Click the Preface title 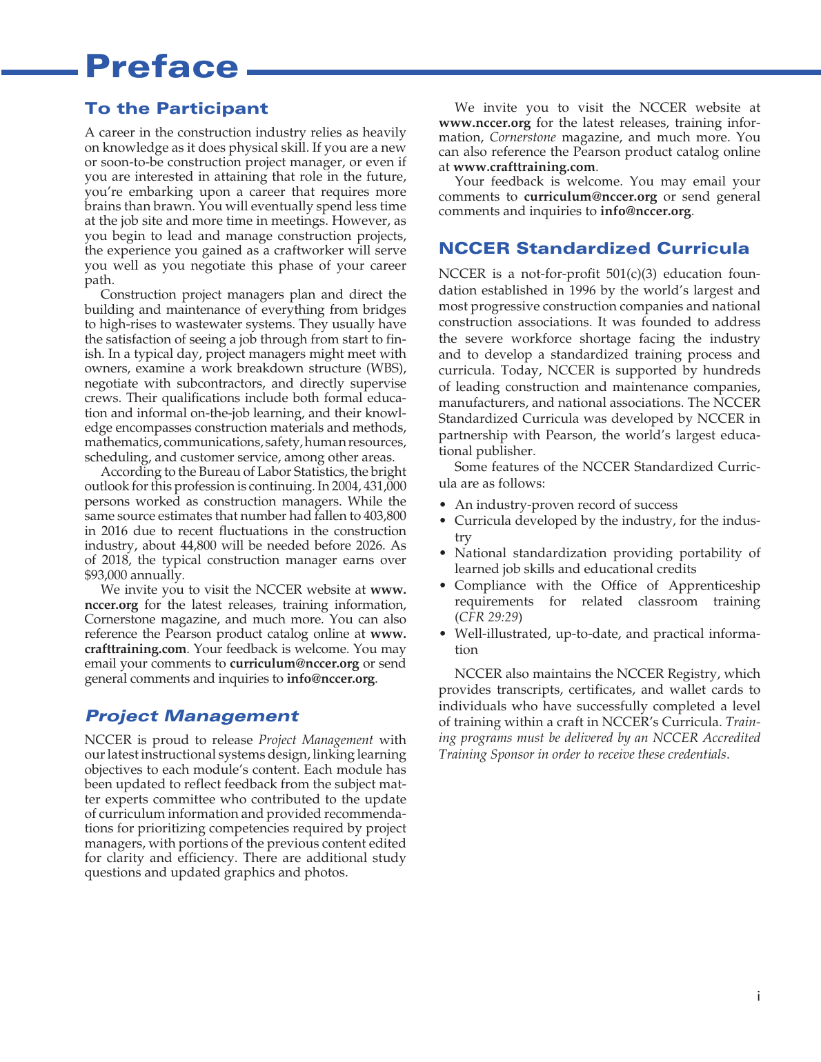(161, 67)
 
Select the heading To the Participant (176, 108)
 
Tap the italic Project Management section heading (192, 716)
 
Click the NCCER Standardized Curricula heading (594, 248)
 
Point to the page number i (758, 996)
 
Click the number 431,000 (385, 486)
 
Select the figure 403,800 (386, 516)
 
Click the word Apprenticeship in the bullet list (714, 585)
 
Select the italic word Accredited (732, 738)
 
